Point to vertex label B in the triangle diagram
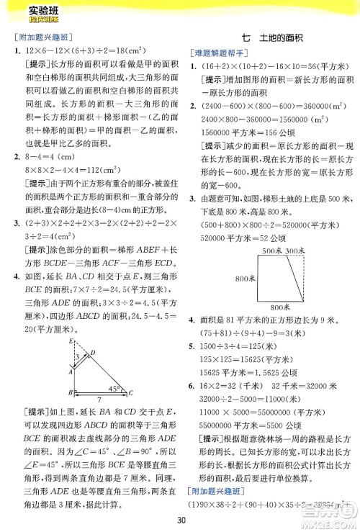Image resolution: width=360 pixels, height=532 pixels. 66,393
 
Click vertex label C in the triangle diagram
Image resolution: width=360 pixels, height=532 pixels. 131,393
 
